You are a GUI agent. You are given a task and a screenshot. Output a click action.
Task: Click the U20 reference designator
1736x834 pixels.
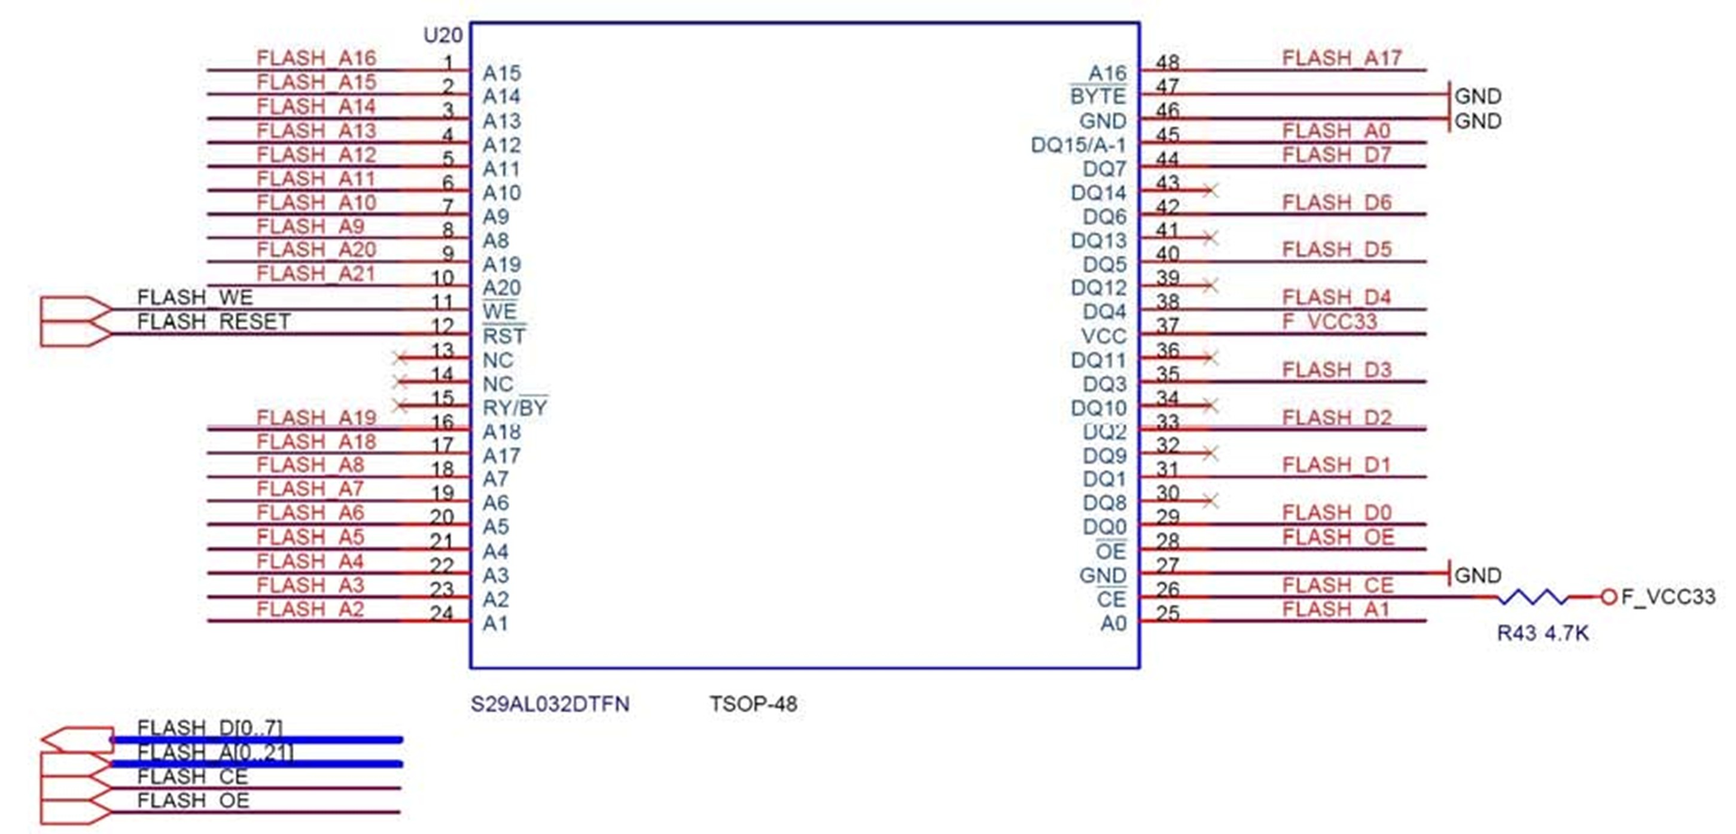pos(443,35)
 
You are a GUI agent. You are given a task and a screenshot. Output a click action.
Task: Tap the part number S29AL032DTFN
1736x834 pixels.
pos(550,705)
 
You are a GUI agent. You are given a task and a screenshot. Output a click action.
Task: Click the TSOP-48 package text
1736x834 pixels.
pos(753,705)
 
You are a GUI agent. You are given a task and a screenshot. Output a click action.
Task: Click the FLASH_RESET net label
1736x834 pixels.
pos(214,322)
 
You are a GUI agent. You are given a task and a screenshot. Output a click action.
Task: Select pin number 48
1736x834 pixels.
pos(1168,62)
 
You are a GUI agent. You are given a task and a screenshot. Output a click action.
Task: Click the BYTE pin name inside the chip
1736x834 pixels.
pos(1098,96)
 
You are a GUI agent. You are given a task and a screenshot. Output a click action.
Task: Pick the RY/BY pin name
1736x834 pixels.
pos(515,407)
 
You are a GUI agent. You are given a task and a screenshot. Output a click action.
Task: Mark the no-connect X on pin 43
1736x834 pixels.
pos(1211,191)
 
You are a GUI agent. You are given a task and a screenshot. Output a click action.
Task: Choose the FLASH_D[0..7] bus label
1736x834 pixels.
pos(209,727)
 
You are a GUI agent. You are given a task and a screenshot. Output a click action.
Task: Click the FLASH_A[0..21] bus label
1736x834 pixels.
pos(215,752)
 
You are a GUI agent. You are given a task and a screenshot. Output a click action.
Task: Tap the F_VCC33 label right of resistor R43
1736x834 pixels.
pos(1668,597)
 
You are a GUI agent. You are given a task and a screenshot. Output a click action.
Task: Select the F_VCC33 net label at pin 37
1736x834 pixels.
pos(1329,322)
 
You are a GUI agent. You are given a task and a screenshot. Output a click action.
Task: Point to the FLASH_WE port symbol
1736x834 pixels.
pos(75,310)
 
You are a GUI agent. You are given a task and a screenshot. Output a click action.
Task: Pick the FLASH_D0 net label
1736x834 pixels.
pos(1336,513)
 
